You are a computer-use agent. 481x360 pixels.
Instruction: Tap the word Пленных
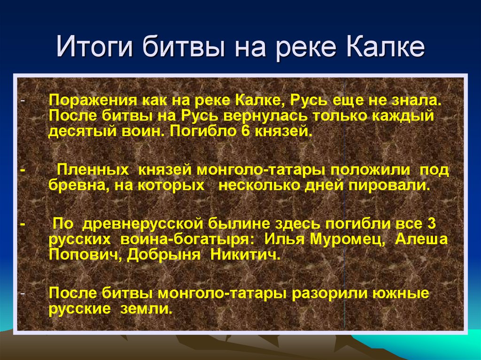(93, 170)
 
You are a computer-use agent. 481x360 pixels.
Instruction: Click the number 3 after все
(431, 223)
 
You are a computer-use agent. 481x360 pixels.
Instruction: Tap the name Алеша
(421, 239)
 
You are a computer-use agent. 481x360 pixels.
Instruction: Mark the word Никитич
(245, 254)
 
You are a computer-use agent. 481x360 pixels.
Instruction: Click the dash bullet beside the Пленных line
(23, 170)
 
